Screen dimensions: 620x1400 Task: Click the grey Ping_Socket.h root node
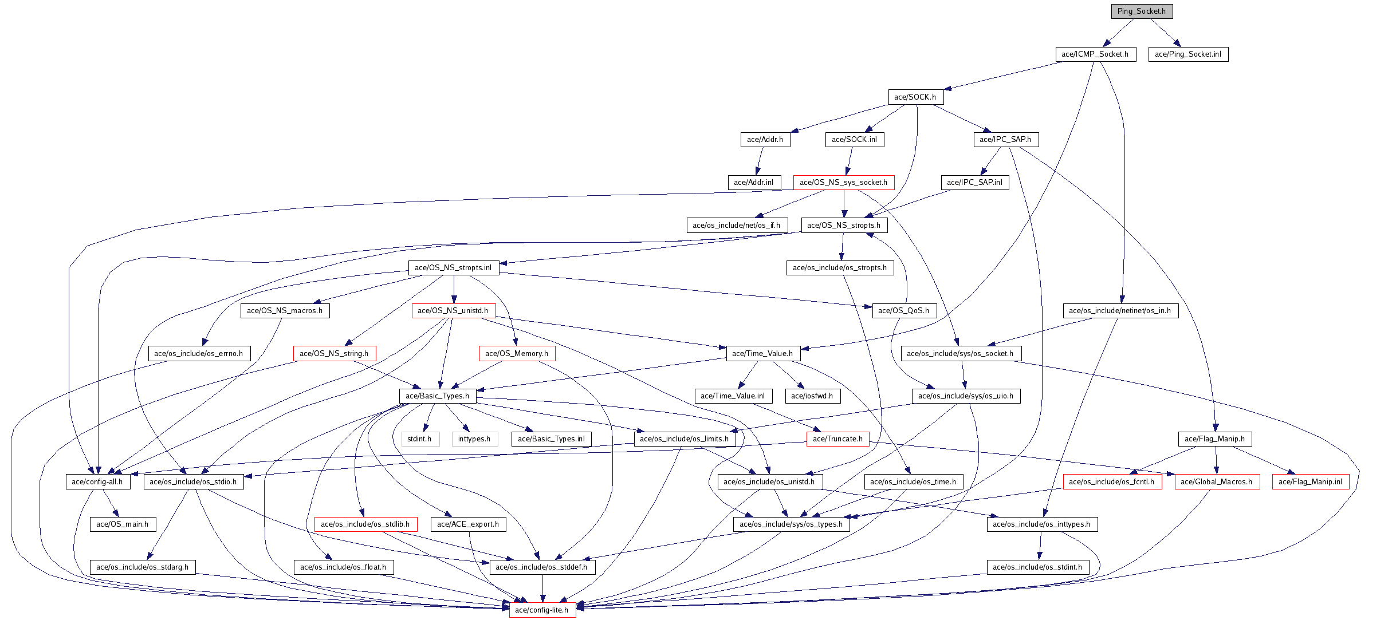click(x=1141, y=11)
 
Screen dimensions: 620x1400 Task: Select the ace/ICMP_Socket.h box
click(x=1095, y=54)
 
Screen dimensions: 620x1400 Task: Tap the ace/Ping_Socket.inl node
click(x=1187, y=54)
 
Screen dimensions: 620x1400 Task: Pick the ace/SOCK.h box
click(x=915, y=97)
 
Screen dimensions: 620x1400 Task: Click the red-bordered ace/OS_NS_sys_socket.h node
click(x=843, y=183)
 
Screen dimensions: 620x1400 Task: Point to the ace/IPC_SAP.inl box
click(x=974, y=183)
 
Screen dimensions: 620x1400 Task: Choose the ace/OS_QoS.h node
click(x=903, y=311)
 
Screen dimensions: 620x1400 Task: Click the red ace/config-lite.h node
click(x=541, y=610)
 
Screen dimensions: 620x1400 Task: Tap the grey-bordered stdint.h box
click(x=419, y=439)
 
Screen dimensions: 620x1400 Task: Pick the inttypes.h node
click(x=474, y=439)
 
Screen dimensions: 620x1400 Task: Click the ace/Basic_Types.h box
click(x=437, y=396)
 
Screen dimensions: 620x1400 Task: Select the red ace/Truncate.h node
click(x=837, y=439)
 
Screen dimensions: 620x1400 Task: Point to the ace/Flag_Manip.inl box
click(x=1310, y=482)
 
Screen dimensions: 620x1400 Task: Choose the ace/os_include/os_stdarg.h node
click(x=142, y=567)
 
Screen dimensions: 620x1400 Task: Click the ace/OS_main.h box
click(x=122, y=524)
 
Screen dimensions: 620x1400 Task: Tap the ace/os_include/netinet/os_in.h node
click(x=1120, y=311)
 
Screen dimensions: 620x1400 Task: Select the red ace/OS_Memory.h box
click(x=516, y=354)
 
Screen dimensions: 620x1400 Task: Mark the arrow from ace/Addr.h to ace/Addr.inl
click(x=760, y=161)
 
